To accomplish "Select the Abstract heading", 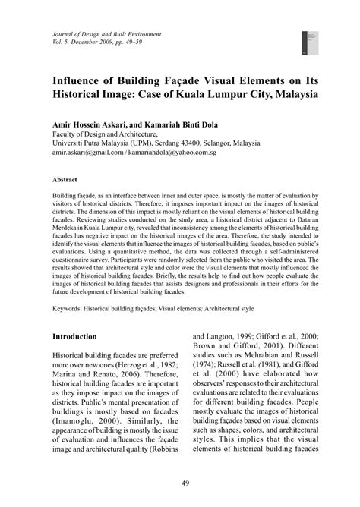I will pos(65,180).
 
